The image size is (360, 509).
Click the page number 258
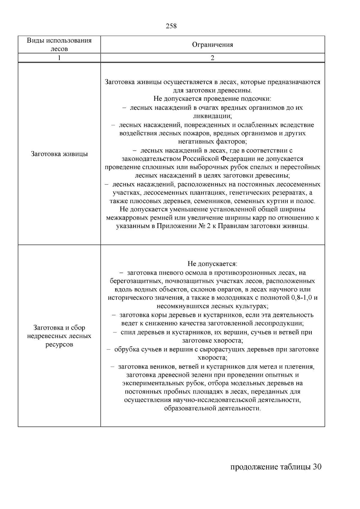(171, 26)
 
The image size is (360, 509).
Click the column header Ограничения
(212, 45)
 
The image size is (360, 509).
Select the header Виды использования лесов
(59, 44)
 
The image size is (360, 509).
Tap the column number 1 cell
(59, 58)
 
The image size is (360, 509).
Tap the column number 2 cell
(212, 58)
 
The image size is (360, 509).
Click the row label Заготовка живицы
(59, 154)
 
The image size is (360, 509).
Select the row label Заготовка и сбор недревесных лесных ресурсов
(59, 336)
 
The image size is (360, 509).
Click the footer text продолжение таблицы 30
(276, 467)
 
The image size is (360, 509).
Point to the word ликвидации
(212, 116)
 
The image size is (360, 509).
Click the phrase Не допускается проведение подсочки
(212, 99)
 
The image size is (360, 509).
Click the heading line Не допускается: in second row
(212, 264)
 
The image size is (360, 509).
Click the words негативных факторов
(212, 141)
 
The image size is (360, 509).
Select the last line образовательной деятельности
(212, 409)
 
